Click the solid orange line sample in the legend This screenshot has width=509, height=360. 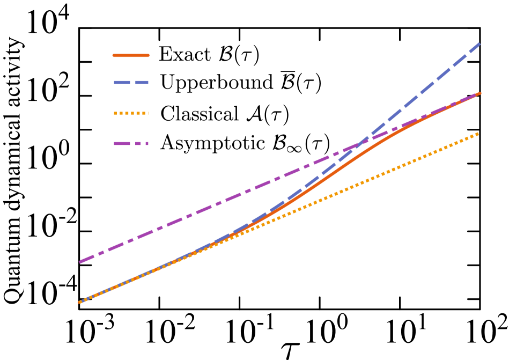click(x=131, y=55)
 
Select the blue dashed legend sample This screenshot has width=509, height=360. click(x=131, y=83)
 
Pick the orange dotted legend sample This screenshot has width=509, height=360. click(x=131, y=113)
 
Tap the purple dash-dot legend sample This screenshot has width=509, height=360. click(x=131, y=144)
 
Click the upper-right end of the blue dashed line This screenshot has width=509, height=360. click(x=480, y=43)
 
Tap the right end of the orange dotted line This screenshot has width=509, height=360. click(x=478, y=134)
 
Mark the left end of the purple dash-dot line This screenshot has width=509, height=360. click(x=80, y=262)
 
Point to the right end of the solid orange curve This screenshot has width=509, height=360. click(x=480, y=93)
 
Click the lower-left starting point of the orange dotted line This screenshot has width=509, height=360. click(x=80, y=302)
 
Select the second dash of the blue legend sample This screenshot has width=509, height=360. click(x=142, y=83)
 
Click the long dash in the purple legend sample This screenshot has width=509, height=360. click(x=122, y=144)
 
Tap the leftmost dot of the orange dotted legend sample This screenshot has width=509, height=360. click(x=115, y=113)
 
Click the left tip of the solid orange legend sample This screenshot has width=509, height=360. click(x=114, y=55)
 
